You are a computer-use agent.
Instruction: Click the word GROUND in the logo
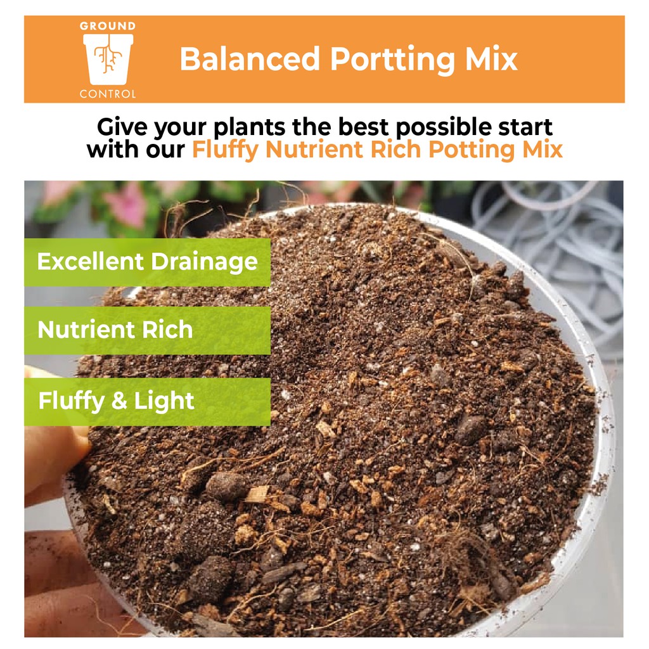click(x=108, y=26)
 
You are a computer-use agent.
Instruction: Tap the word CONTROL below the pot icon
click(x=108, y=94)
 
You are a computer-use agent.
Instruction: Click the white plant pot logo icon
click(x=108, y=59)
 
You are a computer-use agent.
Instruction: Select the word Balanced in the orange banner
click(x=250, y=59)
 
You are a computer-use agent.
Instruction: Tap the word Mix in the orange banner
click(x=491, y=59)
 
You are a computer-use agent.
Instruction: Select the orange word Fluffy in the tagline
click(x=225, y=150)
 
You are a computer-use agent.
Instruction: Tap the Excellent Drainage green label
click(x=147, y=262)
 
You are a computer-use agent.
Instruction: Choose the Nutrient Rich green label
click(x=147, y=330)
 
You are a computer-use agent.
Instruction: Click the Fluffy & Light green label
click(x=147, y=401)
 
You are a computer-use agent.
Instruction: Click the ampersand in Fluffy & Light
click(x=119, y=401)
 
